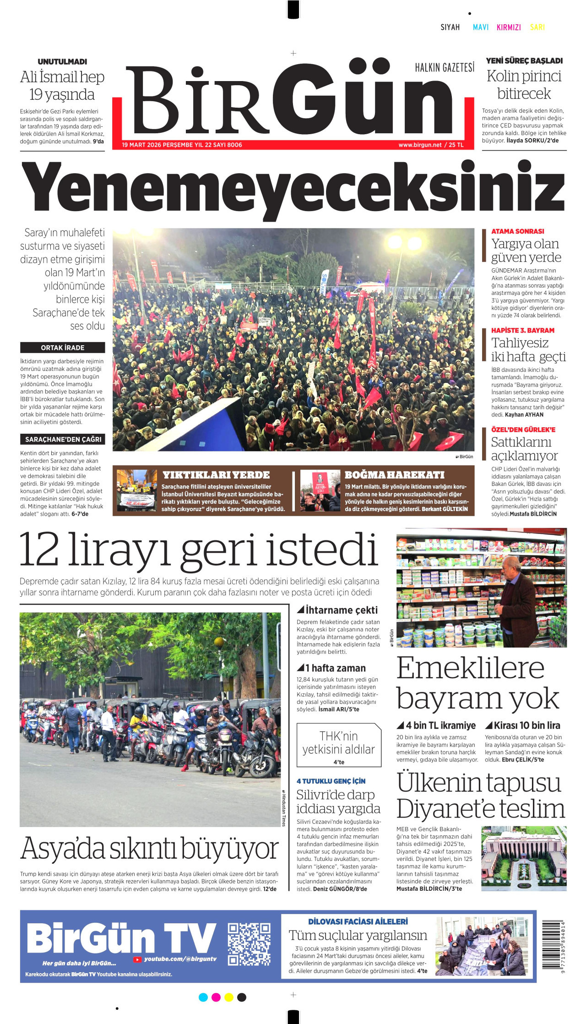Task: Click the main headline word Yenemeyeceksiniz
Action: (x=293, y=189)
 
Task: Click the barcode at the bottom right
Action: (x=553, y=944)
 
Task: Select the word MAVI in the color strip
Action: (x=480, y=27)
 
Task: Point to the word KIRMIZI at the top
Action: (x=509, y=27)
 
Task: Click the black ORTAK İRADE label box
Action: (x=62, y=348)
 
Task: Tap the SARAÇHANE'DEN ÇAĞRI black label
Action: (x=63, y=439)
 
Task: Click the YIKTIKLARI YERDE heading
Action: (x=216, y=475)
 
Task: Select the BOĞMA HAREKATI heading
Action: (x=394, y=475)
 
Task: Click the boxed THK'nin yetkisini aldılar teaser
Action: (x=338, y=745)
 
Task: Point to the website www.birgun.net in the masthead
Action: (x=420, y=145)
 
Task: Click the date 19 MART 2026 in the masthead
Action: (x=141, y=145)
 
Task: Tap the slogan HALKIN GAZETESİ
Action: (x=445, y=68)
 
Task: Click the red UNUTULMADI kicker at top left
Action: (x=62, y=62)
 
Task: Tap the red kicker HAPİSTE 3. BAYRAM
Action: (x=523, y=330)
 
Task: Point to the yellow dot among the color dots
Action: (x=229, y=997)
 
